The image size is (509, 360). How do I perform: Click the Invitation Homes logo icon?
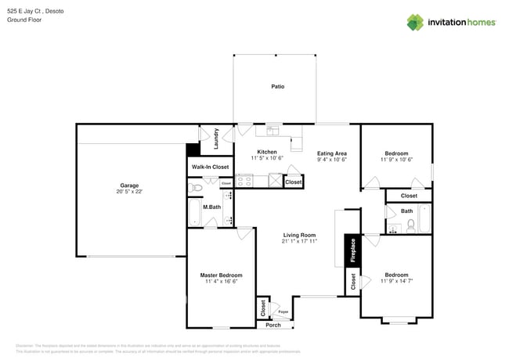point(415,22)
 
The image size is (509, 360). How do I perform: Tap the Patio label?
point(277,86)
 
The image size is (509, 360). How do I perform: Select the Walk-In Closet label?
point(210,167)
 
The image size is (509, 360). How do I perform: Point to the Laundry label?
point(216,139)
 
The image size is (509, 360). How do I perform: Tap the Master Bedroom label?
point(221,275)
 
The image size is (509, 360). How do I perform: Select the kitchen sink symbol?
point(273,130)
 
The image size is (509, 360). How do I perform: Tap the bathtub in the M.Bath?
point(194,211)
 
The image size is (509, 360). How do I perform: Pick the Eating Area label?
point(331,153)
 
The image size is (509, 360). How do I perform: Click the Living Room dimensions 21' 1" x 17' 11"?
point(298,242)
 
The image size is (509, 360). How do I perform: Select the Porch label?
point(273,325)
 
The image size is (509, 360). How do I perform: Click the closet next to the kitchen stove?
point(293,182)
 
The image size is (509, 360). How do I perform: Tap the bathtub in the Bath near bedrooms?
point(424,218)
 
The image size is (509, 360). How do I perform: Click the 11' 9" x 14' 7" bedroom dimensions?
point(396,281)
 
